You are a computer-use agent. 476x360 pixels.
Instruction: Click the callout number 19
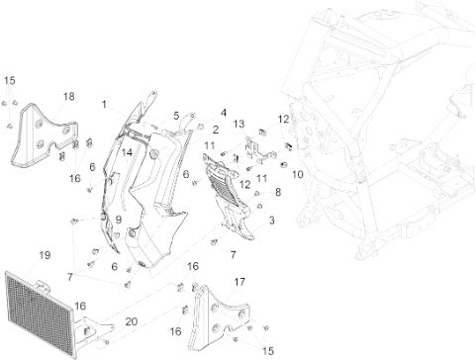[x=45, y=255]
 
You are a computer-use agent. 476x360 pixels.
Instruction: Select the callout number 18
[x=69, y=97]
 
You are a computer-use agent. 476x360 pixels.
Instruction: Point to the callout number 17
[x=239, y=282]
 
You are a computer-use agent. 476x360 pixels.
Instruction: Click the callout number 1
[x=104, y=105]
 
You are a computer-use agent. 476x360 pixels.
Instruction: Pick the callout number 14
[x=127, y=152]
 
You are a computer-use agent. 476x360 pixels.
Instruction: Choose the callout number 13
[x=239, y=124]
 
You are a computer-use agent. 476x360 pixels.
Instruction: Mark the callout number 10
[x=298, y=174]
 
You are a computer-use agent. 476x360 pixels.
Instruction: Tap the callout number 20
[x=132, y=321]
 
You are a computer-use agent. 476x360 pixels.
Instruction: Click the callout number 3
[x=272, y=221]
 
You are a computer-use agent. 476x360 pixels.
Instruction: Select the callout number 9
[x=119, y=220]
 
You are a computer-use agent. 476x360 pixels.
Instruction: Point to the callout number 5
[x=176, y=116]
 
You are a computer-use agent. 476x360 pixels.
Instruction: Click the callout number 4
[x=224, y=113]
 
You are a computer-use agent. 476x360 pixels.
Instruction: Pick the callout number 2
[x=216, y=130]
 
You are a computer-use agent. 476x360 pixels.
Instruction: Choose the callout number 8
[x=278, y=192]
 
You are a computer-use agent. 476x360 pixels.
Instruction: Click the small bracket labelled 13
[x=259, y=151]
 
